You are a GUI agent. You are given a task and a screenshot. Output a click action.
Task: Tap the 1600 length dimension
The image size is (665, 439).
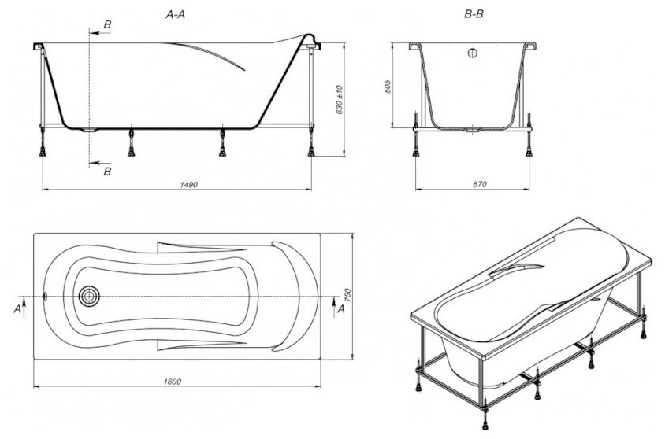[174, 382]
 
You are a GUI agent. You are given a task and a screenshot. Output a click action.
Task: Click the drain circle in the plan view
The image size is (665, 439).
[87, 296]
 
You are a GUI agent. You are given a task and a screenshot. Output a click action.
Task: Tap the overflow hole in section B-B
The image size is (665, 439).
[472, 54]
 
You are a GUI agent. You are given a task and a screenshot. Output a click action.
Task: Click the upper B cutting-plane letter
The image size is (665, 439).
[107, 26]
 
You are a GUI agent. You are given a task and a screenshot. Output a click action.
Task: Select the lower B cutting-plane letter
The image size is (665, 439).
[107, 170]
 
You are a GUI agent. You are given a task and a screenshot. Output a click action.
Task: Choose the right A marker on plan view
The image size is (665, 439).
[340, 309]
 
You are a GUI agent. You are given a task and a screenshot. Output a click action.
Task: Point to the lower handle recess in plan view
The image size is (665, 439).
[189, 344]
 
